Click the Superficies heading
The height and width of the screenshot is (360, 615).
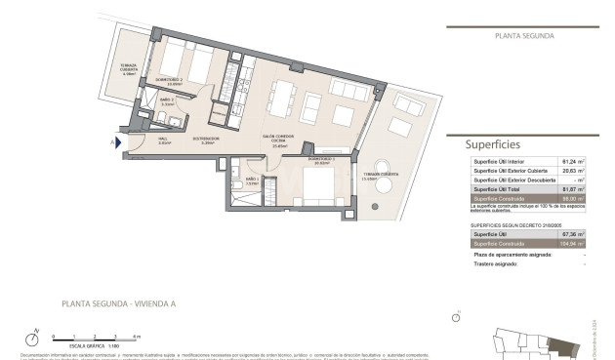pos(493,143)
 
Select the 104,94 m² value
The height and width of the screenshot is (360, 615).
pos(571,244)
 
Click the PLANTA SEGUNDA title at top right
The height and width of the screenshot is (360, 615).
pos(524,35)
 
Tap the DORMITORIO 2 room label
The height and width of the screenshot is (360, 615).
pos(169,80)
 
